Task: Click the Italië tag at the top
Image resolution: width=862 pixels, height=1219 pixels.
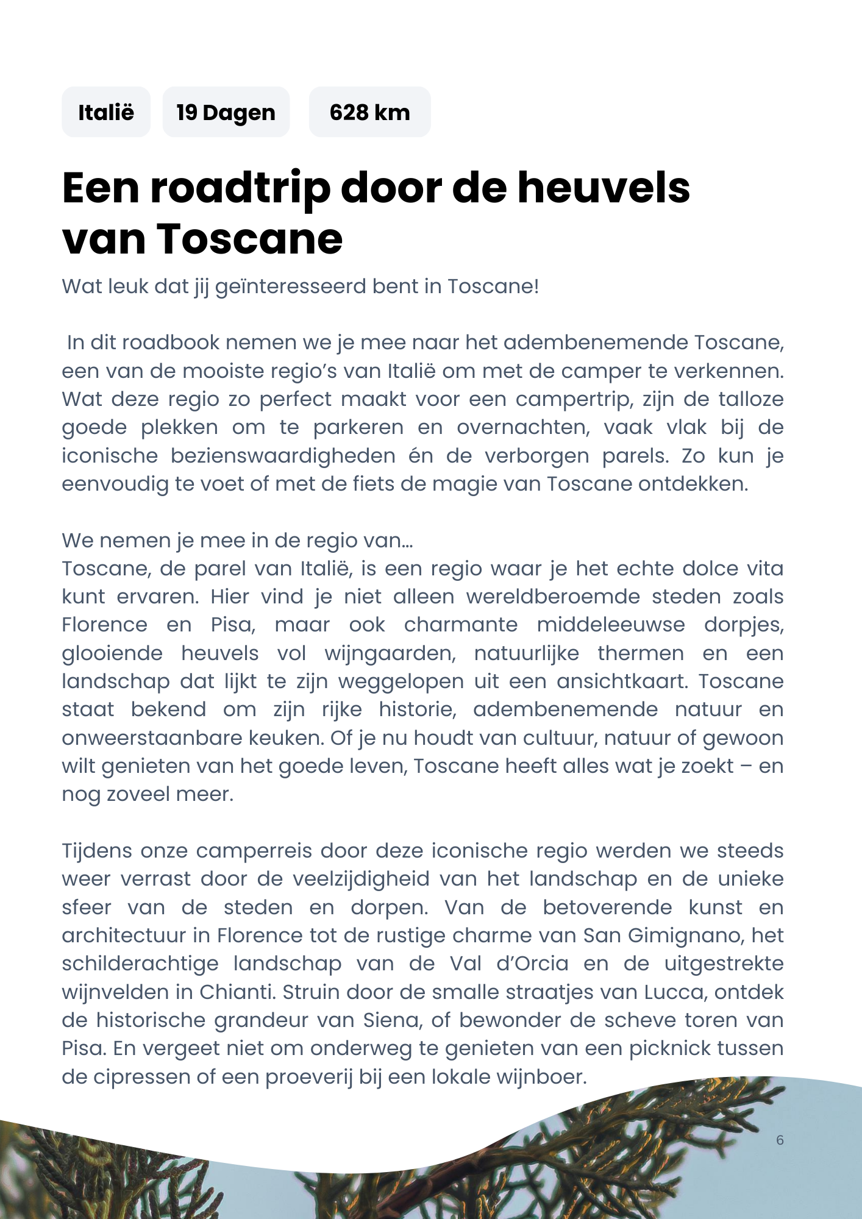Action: (x=106, y=112)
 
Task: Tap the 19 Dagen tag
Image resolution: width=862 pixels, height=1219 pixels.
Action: (x=226, y=112)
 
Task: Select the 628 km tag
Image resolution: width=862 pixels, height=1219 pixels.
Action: (x=369, y=112)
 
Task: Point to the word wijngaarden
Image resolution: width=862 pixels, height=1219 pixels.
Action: (x=390, y=653)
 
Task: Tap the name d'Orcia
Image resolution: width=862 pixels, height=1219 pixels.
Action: (x=532, y=964)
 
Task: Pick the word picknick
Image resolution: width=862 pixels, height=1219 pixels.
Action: (x=670, y=1048)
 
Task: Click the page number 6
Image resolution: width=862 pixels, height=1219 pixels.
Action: (x=780, y=1140)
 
